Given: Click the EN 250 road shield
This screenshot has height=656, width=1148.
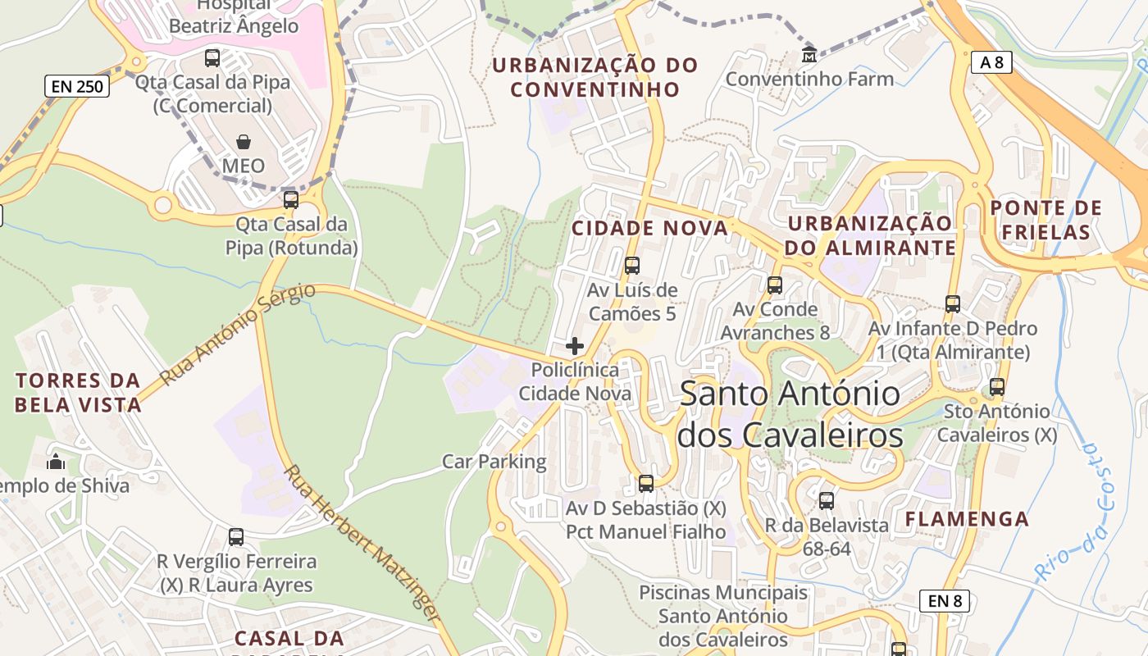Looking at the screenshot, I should tap(77, 85).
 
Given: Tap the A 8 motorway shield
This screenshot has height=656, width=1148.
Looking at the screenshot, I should tap(991, 62).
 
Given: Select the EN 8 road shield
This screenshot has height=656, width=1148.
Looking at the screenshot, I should tap(945, 601).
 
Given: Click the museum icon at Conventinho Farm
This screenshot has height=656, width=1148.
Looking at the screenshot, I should tap(809, 55).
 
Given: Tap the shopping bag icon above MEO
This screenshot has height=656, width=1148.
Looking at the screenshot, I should tap(244, 143).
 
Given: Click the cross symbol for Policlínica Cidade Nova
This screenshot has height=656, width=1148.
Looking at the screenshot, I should tap(575, 346).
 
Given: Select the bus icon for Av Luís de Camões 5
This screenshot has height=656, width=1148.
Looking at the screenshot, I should tap(631, 266).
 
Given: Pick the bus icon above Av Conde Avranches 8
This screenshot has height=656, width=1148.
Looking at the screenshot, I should tap(775, 285).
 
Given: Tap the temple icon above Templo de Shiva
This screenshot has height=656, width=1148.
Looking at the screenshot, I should tap(56, 462).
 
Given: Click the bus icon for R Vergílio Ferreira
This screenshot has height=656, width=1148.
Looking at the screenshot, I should tap(236, 537).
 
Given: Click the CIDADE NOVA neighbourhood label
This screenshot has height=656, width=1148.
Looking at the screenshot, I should tap(649, 229).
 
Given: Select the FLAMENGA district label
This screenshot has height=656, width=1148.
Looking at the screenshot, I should tap(967, 518).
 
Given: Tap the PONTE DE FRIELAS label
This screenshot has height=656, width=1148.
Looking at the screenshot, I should tap(1045, 220).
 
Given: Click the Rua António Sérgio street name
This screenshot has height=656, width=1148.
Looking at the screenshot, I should tap(237, 335).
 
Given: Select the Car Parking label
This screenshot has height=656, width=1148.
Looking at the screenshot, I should tap(494, 462).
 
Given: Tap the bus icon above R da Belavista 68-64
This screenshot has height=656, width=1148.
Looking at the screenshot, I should tap(827, 500).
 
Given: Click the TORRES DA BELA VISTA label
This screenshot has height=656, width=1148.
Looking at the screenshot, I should tap(78, 392).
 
